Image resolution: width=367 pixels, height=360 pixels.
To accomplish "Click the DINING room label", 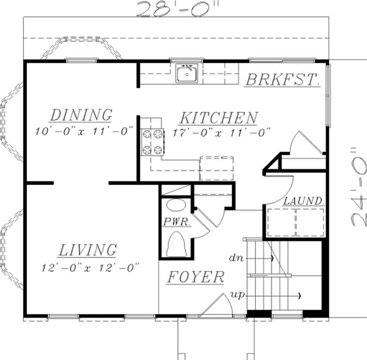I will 81,115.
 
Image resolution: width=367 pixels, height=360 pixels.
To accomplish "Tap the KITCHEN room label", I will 218,118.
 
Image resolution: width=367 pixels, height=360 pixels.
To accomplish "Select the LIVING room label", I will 87,250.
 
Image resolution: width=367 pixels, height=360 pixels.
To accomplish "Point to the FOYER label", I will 195,277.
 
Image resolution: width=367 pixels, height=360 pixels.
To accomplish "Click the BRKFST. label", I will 282,79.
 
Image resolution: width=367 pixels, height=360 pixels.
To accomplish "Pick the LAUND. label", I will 304,201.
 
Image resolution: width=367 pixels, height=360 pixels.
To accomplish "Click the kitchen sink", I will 187,73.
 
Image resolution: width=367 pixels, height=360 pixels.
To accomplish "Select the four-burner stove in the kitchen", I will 152,142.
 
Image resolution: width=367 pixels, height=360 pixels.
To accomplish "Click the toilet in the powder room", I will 177,244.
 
